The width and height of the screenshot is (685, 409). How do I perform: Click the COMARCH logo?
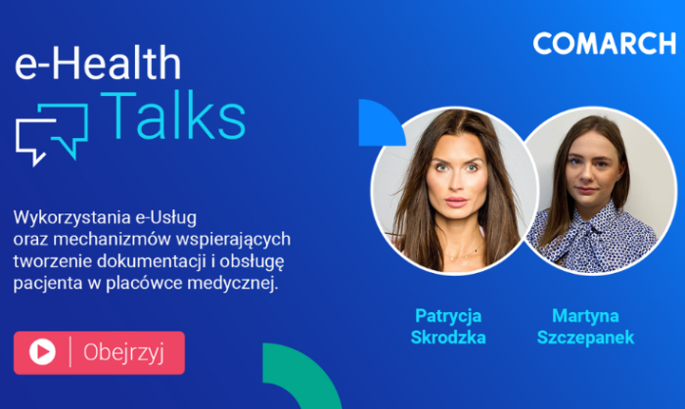[x=605, y=43]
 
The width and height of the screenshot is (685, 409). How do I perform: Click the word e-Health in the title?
[x=98, y=63]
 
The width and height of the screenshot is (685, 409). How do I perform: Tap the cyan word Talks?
[x=173, y=114]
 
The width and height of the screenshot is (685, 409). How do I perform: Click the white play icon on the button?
[x=42, y=351]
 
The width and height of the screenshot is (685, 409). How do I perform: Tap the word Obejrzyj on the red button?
[x=123, y=352]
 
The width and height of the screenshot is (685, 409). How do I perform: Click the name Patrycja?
[x=448, y=316]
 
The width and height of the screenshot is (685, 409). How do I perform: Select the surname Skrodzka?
[x=448, y=338]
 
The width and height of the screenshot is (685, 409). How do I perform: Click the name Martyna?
[x=585, y=316]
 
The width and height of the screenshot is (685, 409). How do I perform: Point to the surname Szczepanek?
[x=585, y=338]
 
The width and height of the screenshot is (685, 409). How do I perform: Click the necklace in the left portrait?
[x=464, y=252]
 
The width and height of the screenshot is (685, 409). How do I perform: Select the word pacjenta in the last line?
[x=48, y=284]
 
